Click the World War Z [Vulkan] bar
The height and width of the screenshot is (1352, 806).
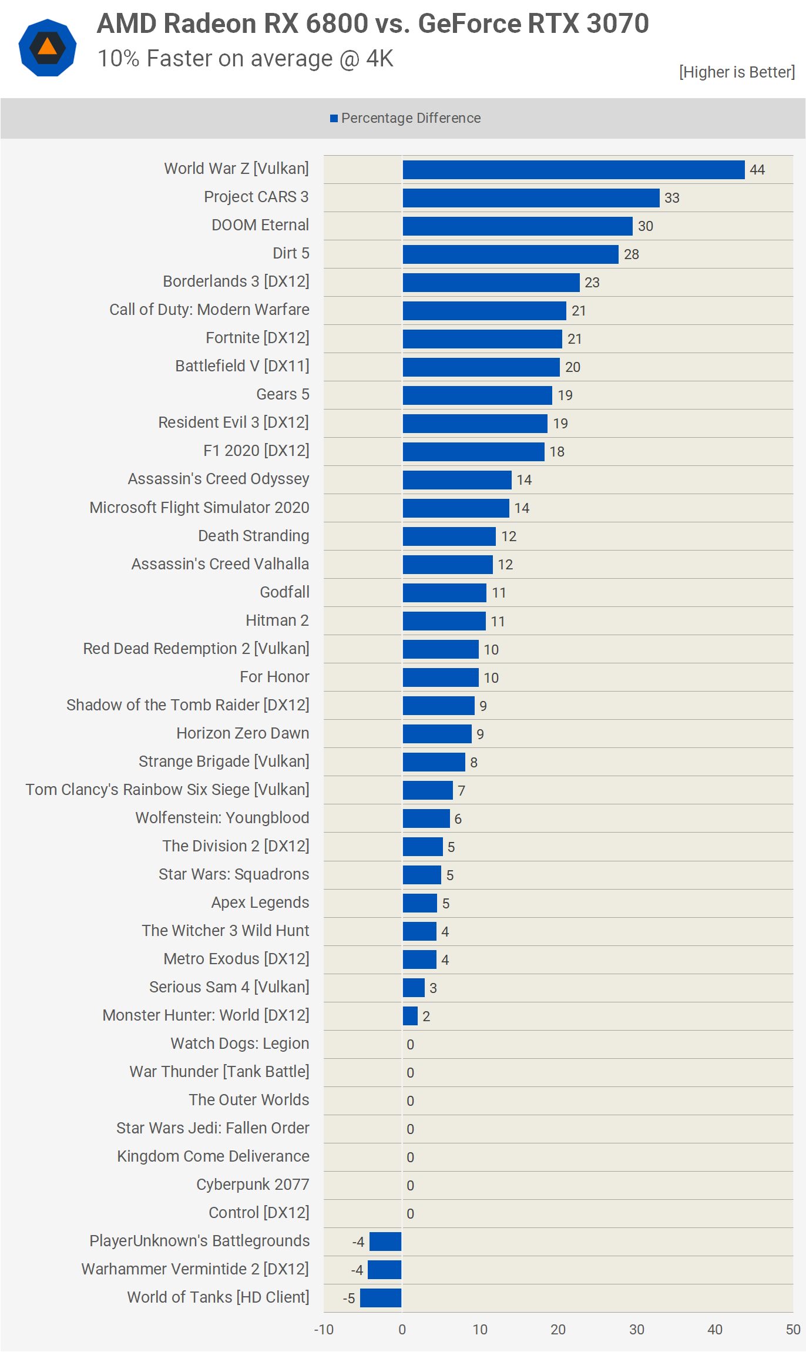[x=573, y=170]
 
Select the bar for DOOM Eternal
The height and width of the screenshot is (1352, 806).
[x=518, y=226]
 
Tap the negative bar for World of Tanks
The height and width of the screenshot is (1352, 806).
[x=381, y=1298]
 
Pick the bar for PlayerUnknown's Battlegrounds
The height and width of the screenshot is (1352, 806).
[x=385, y=1242]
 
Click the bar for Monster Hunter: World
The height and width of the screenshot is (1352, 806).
[x=410, y=1016]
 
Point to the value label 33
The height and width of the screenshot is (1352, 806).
[x=672, y=198]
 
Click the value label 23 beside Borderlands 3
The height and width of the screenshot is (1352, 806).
[x=592, y=283]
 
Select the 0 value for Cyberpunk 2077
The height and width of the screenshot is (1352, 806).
[x=410, y=1185]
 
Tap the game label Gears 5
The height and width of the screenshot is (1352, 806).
[x=283, y=394]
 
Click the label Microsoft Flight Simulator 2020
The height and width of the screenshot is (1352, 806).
[x=199, y=507]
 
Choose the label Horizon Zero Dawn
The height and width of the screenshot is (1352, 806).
[x=243, y=733]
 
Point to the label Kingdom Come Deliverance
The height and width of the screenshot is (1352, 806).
[x=213, y=1156]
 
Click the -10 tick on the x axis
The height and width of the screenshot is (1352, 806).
[x=324, y=1330]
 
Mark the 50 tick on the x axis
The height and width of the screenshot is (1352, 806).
[x=793, y=1330]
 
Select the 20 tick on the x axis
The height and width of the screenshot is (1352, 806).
[x=558, y=1330]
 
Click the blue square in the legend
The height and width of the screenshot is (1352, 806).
[x=334, y=119]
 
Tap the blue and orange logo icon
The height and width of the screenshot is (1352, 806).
[x=48, y=48]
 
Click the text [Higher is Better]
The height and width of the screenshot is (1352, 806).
[x=737, y=72]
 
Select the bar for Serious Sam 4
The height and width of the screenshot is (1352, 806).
[x=414, y=988]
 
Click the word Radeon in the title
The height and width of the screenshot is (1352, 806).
[x=210, y=24]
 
